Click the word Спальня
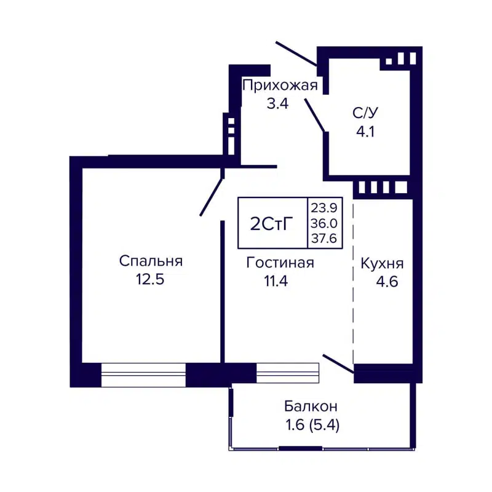coord(151,261)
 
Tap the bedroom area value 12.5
coord(151,280)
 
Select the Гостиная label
coord(280,263)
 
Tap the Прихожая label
coord(280,85)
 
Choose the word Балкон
coord(311,406)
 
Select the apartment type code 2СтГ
coord(271,223)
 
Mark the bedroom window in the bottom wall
coord(143,375)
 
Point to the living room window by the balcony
coord(288,373)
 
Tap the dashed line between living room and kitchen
coord(354,283)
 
